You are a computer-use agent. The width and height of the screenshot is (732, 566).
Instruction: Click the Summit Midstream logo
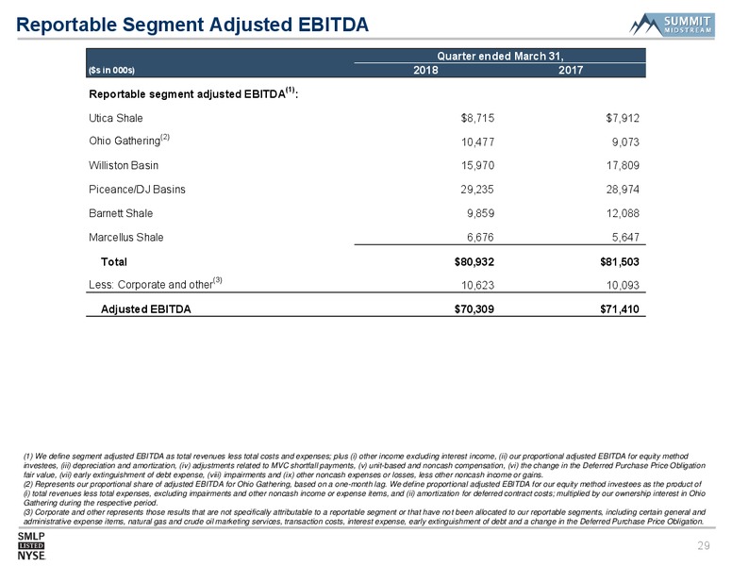[x=672, y=25]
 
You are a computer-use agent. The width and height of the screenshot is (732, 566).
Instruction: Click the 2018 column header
[x=425, y=70]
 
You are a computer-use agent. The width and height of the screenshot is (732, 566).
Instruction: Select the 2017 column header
[x=571, y=70]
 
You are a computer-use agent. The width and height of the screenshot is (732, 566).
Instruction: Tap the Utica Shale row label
[x=116, y=118]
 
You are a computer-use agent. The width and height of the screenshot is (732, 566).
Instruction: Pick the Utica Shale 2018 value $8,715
[x=477, y=118]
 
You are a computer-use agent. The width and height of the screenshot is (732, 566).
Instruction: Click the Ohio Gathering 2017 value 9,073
[x=625, y=141]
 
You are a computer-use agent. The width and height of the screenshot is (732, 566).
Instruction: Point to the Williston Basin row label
[x=124, y=165]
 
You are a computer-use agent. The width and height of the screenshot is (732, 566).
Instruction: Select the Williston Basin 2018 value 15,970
[x=477, y=165]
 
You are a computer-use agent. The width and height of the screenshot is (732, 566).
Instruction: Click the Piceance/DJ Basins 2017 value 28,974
[x=623, y=189]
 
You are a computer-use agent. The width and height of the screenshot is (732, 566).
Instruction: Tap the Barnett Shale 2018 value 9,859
[x=480, y=213]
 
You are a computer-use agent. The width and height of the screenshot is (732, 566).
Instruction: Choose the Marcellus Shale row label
[x=126, y=237]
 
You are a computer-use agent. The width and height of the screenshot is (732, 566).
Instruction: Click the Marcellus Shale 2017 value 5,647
[x=625, y=237]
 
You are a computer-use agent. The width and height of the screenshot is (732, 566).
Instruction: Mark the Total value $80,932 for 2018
[x=474, y=262]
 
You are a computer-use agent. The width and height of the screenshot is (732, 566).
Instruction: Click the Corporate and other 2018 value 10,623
[x=477, y=285]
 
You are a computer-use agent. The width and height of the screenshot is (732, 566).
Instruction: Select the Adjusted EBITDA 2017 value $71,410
[x=620, y=309]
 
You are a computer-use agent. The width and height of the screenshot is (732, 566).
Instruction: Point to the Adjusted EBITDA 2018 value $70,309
[x=474, y=309]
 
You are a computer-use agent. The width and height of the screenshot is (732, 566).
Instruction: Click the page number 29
[x=704, y=545]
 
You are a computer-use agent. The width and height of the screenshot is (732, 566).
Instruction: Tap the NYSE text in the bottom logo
[x=31, y=556]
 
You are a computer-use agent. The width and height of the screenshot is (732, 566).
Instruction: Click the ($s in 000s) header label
[x=111, y=71]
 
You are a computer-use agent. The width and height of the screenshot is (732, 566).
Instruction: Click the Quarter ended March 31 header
[x=500, y=56]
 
